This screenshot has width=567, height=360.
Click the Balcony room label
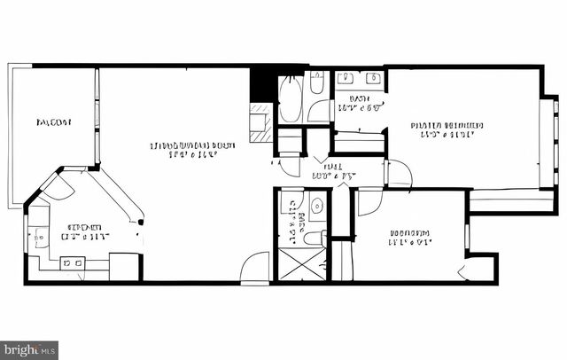click(x=54, y=121)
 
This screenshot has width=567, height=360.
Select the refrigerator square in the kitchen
click(x=124, y=267)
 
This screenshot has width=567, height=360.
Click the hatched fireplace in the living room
click(x=260, y=121)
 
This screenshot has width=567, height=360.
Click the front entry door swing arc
click(x=255, y=267)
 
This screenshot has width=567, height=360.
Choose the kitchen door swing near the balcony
click(x=58, y=185)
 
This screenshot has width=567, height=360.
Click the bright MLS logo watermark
click(x=29, y=349)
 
